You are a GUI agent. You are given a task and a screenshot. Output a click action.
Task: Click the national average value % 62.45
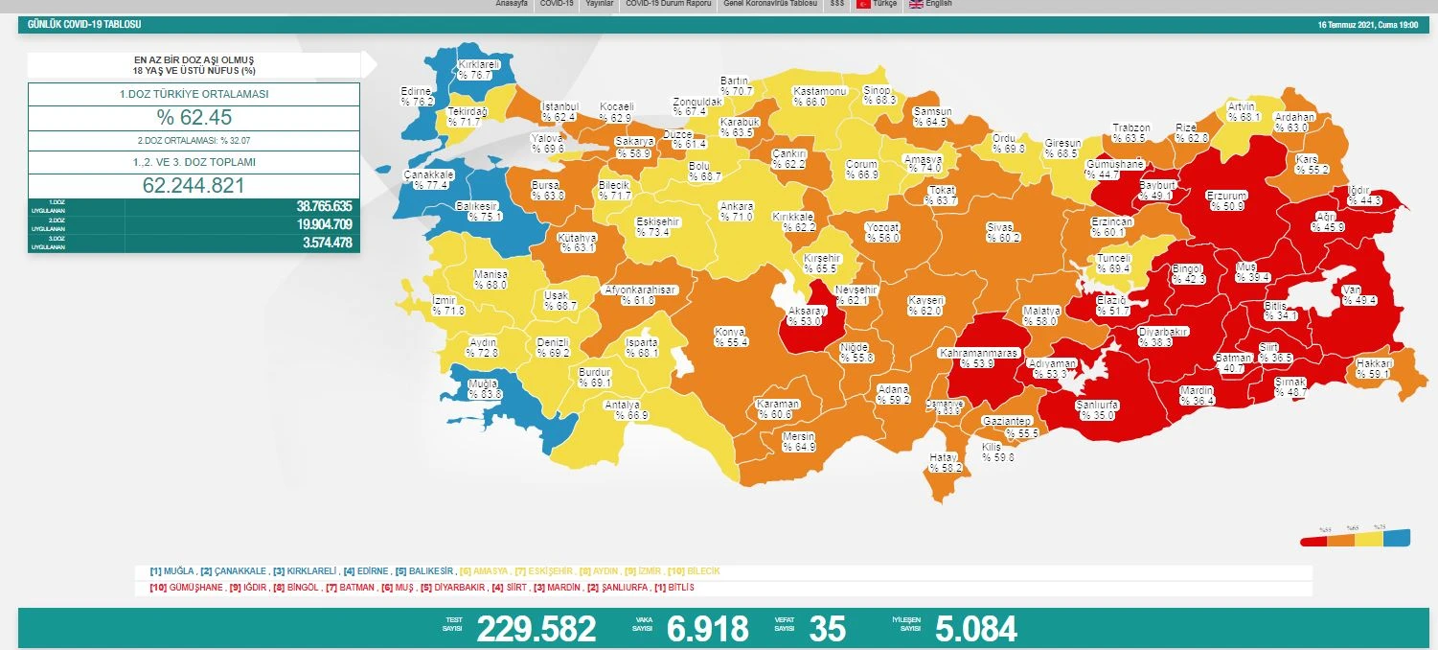point(194,118)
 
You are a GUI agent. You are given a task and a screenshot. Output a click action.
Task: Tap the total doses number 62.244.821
point(194,185)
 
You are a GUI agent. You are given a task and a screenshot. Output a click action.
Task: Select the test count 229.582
point(536,629)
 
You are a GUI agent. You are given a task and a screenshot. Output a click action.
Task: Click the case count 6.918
point(707,629)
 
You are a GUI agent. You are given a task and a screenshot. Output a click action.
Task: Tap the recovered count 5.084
point(975,629)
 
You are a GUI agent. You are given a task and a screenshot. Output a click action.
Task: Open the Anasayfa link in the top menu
point(513,4)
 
